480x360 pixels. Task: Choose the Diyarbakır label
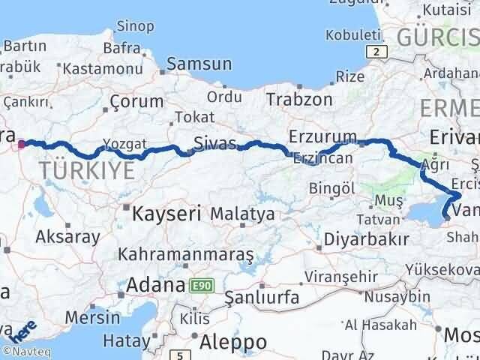[366, 240]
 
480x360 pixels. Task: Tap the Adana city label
[156, 286]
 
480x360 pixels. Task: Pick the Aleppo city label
[234, 342]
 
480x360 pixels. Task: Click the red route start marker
[22, 145]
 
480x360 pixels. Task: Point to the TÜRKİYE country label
[88, 170]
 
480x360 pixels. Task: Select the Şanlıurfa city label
[262, 297]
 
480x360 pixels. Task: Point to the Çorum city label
[136, 101]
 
